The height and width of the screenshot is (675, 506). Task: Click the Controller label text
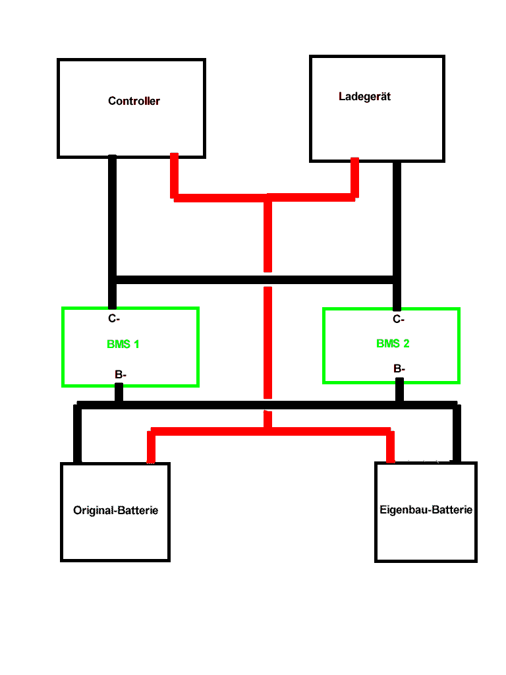(x=134, y=101)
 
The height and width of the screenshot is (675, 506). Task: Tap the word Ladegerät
(x=364, y=96)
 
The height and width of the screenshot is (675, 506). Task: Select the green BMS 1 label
(x=123, y=344)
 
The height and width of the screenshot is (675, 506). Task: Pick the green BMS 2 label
(x=393, y=343)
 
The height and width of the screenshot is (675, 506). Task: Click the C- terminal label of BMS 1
(x=114, y=318)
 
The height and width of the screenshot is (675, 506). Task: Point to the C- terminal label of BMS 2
(x=398, y=319)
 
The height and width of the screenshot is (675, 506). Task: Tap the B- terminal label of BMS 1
(x=121, y=374)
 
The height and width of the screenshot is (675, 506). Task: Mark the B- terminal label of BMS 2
(x=399, y=369)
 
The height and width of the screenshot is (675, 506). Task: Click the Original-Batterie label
(x=115, y=510)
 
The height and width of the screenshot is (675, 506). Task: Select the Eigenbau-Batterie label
(x=426, y=510)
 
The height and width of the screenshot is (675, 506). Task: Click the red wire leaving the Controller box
(x=174, y=175)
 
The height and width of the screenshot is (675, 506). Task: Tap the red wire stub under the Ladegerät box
(x=354, y=177)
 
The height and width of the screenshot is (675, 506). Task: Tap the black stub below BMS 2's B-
(x=399, y=390)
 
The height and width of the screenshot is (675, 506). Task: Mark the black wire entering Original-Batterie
(x=78, y=435)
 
